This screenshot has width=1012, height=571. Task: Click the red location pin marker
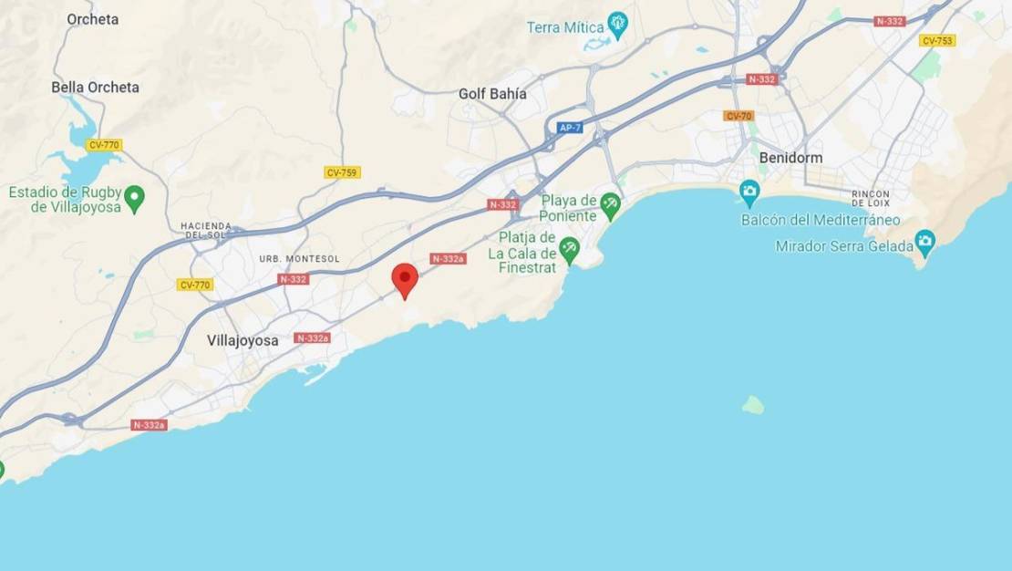pyautogui.click(x=405, y=279)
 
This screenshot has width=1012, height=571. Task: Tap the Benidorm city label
pyautogui.click(x=790, y=158)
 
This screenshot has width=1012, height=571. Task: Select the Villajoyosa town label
pyautogui.click(x=243, y=340)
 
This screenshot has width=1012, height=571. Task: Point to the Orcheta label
pyautogui.click(x=92, y=19)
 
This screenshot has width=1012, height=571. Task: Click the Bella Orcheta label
pyautogui.click(x=95, y=88)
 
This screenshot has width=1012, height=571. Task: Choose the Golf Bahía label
pyautogui.click(x=492, y=94)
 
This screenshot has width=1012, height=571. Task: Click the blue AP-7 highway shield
pyautogui.click(x=570, y=128)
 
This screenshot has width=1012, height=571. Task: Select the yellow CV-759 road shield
pyautogui.click(x=342, y=172)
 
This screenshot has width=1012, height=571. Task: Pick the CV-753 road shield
pyautogui.click(x=937, y=40)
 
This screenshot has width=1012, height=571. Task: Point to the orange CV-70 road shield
pyautogui.click(x=738, y=116)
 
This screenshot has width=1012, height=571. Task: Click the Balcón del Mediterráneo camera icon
pyautogui.click(x=750, y=191)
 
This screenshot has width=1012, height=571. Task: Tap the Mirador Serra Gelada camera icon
pyautogui.click(x=925, y=241)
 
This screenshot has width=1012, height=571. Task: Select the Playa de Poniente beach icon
pyautogui.click(x=610, y=202)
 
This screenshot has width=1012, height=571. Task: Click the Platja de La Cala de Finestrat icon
pyautogui.click(x=570, y=247)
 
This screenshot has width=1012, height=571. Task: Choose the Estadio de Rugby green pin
pyautogui.click(x=135, y=196)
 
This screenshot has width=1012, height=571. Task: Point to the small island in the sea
pyautogui.click(x=753, y=404)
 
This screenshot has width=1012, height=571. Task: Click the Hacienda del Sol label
pyautogui.click(x=206, y=230)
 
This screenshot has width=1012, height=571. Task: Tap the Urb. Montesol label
pyautogui.click(x=299, y=259)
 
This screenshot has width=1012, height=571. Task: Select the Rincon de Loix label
pyautogui.click(x=871, y=198)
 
